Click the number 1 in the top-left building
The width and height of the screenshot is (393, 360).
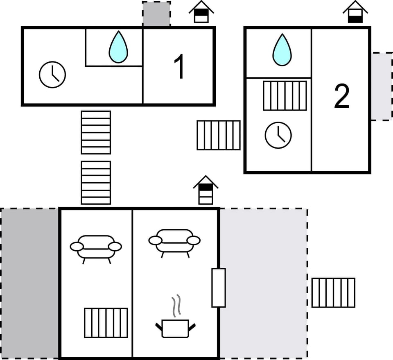pos(179,67)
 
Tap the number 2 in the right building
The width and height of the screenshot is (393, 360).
pos(341,97)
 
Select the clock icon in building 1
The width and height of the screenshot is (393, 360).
pos(52,75)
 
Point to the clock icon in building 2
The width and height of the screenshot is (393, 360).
pos(278,135)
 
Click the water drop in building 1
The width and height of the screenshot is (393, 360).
pos(118,47)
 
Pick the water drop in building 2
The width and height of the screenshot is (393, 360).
pos(282,50)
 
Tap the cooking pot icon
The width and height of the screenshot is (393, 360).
pos(175,328)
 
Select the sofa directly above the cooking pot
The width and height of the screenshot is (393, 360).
pos(174,242)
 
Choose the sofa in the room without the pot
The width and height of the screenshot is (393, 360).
pos(96,247)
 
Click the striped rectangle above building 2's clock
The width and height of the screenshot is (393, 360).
pos(285,95)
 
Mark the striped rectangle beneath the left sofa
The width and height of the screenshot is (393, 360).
pos(106,323)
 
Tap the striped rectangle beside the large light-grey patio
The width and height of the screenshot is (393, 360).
pos(333,292)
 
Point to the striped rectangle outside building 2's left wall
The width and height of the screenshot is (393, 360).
pos(219,135)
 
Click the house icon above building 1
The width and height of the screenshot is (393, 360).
pos(201,12)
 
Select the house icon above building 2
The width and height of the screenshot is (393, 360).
pos(355,12)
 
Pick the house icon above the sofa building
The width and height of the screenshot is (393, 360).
pos(206,190)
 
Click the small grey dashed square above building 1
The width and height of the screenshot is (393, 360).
pos(156,14)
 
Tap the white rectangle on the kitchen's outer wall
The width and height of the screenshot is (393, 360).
pos(219,288)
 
